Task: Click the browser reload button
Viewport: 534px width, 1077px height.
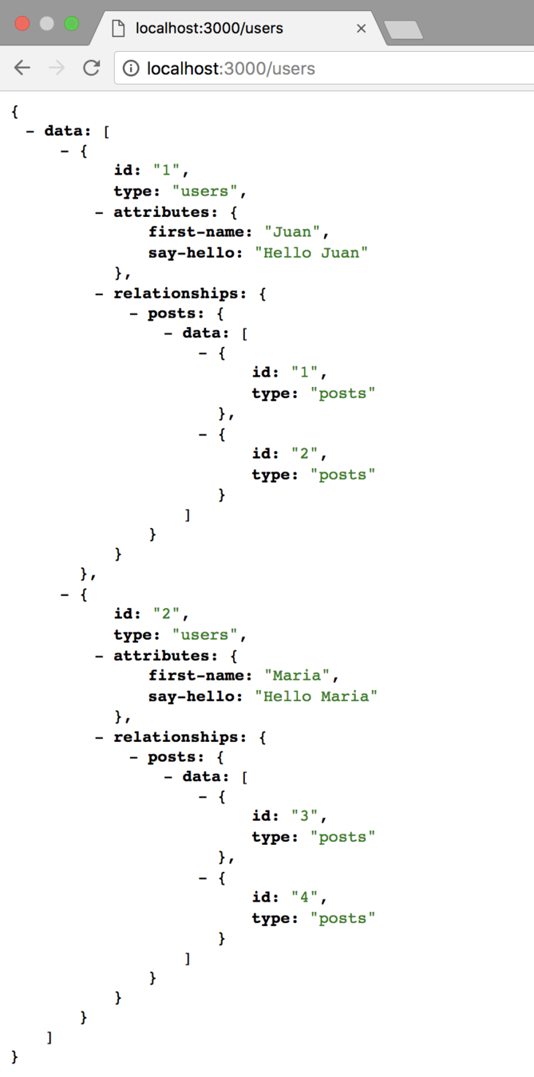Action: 92,68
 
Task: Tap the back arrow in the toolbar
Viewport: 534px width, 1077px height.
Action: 22,68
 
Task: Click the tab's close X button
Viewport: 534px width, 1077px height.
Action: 361,28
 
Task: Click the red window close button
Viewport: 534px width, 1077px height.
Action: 22,23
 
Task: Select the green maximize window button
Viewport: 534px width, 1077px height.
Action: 72,23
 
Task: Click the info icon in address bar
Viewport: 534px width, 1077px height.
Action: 131,69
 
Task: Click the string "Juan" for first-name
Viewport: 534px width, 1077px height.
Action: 293,232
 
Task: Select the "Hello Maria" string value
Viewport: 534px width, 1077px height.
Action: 316,696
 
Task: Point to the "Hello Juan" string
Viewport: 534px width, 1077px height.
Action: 312,253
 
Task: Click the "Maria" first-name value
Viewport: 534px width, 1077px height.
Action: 297,676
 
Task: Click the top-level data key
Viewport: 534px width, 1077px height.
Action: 65,131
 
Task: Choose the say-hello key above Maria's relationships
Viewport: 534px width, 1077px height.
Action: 196,696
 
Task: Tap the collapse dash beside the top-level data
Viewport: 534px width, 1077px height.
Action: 30,131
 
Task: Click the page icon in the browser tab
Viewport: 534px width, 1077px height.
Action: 118,29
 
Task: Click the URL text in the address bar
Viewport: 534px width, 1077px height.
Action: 231,69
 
